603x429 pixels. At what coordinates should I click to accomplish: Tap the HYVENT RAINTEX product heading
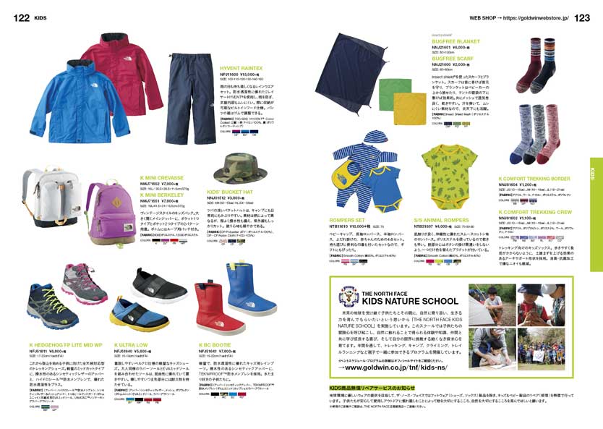point(241,68)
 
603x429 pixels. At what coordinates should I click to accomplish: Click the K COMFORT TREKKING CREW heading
point(534,213)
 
